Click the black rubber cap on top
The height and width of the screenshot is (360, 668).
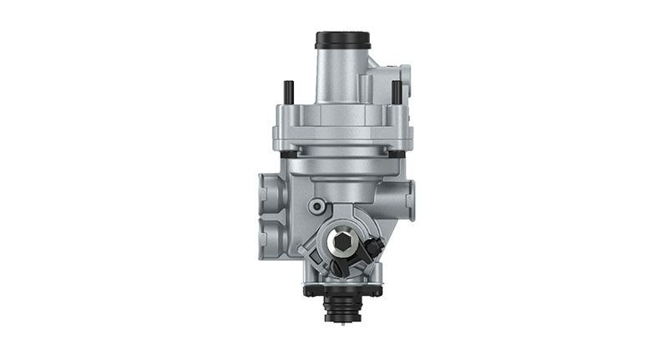pyautogui.click(x=342, y=40)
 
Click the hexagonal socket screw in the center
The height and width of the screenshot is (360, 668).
pyautogui.click(x=342, y=242)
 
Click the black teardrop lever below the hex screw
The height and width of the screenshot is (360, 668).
pyautogui.click(x=338, y=267)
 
